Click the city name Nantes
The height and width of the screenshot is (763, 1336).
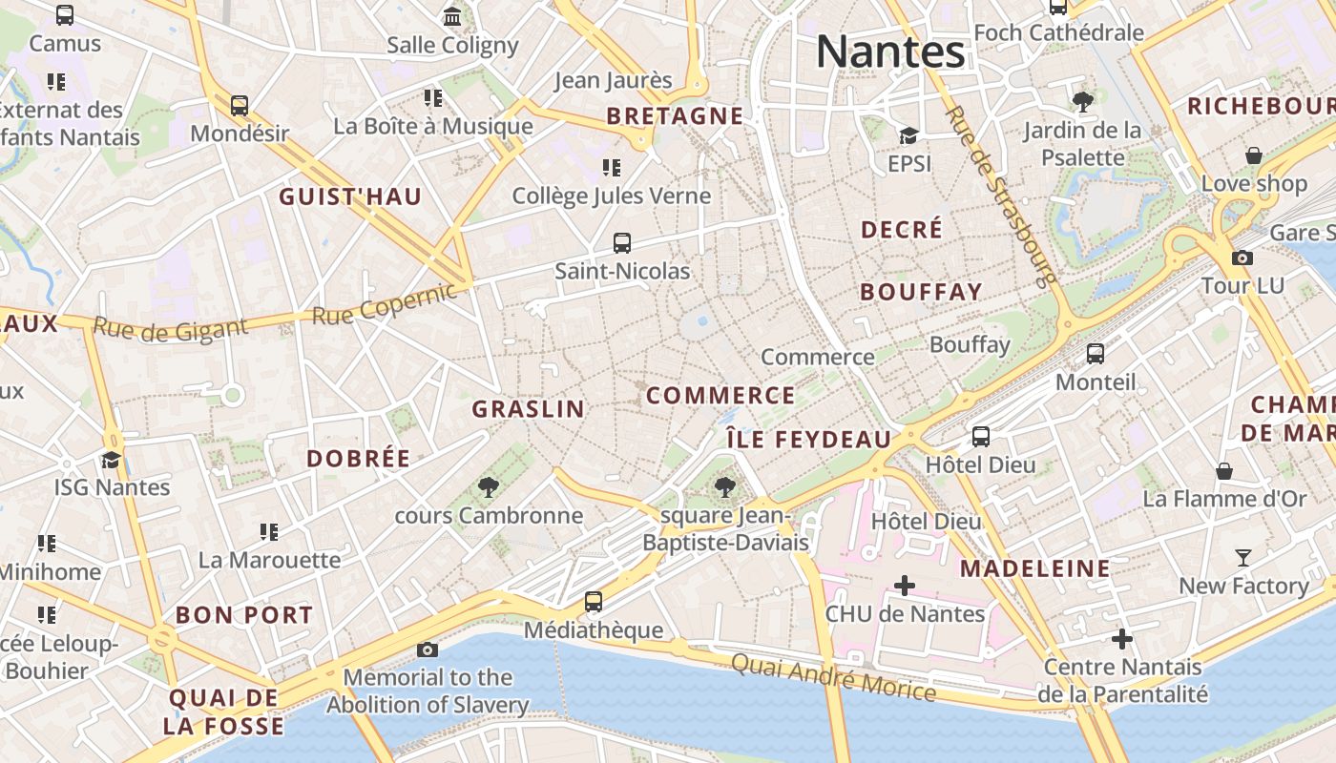(x=890, y=52)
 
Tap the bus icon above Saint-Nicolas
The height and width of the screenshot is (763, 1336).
(x=622, y=243)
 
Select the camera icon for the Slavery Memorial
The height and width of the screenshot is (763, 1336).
(x=428, y=650)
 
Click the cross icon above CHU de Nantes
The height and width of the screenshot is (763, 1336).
(x=904, y=585)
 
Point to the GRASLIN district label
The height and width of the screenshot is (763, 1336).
(x=528, y=409)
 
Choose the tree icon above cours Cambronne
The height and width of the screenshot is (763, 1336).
(x=489, y=487)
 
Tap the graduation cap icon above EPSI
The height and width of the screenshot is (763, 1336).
(x=908, y=135)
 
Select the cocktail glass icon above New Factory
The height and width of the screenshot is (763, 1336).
(x=1243, y=558)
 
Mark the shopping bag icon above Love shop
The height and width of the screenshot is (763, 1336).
(x=1254, y=155)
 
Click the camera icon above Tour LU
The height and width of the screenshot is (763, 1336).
(x=1242, y=258)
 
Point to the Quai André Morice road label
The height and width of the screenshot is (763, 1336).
(x=833, y=676)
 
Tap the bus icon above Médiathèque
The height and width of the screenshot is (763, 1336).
(x=594, y=601)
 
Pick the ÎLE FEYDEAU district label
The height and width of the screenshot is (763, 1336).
(x=808, y=440)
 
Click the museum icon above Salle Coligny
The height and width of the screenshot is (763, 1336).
(x=452, y=16)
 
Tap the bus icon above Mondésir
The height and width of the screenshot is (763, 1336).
(x=240, y=105)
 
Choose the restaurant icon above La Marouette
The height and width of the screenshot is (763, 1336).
(x=269, y=531)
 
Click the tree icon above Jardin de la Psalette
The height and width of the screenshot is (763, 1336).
(x=1082, y=102)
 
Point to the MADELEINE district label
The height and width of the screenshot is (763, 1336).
(x=1035, y=569)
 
